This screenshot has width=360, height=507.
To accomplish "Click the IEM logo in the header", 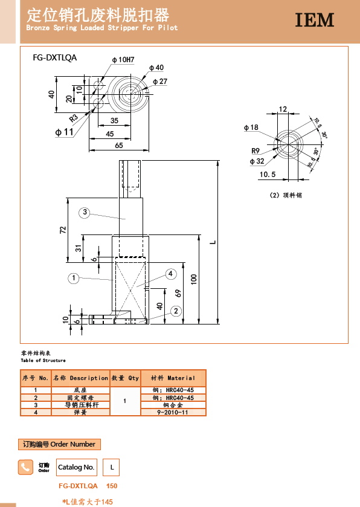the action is pos(315,20).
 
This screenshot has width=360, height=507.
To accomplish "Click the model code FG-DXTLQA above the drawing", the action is pos(54,57).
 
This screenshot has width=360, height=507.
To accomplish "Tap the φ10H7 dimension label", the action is pos(123,60).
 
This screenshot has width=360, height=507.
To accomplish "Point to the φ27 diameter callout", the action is pos(160,82).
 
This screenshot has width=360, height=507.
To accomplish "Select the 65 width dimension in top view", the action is pos(119,146).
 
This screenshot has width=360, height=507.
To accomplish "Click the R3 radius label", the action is pos(74,118).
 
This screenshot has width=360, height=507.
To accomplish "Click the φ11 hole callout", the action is pos(64,132).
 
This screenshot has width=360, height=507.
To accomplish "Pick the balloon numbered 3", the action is pos(85,213).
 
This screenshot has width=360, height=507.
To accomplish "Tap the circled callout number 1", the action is pos(74,278).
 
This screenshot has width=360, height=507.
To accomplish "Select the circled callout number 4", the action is pos(170,274).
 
